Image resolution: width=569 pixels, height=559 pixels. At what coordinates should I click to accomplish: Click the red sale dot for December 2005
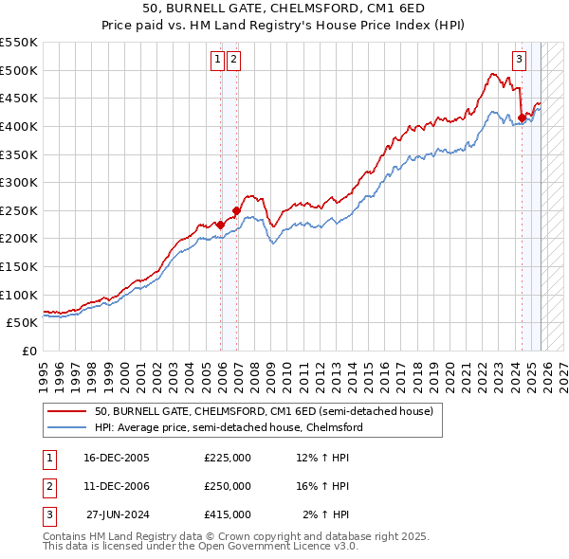click(220, 225)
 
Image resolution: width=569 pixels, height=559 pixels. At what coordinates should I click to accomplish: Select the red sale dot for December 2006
click(236, 210)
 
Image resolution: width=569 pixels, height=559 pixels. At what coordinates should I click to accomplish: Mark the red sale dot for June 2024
click(521, 118)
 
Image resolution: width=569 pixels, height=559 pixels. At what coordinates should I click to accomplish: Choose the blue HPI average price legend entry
click(228, 427)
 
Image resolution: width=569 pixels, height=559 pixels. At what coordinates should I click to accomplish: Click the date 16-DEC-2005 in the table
click(117, 458)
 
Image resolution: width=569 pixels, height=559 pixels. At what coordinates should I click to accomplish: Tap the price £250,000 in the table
click(227, 486)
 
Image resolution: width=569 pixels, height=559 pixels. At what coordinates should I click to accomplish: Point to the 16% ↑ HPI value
click(322, 486)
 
